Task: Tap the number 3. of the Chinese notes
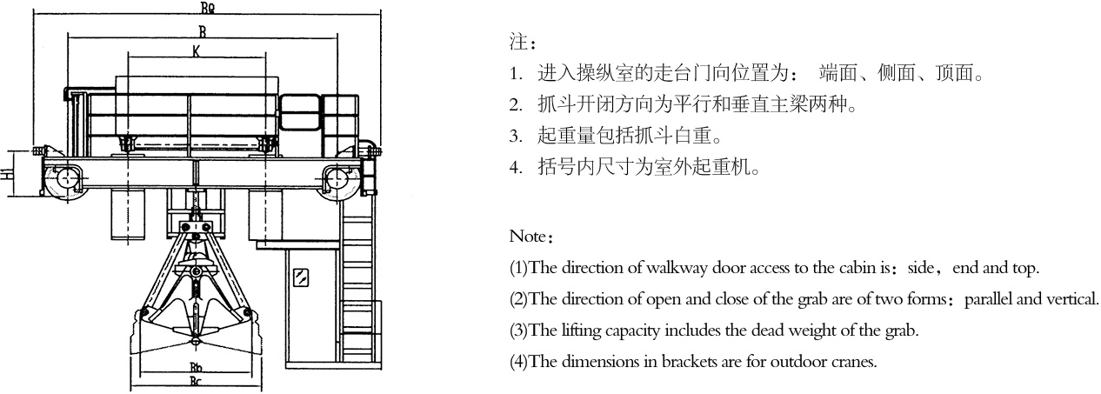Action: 516,137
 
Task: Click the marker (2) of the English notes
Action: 518,299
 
